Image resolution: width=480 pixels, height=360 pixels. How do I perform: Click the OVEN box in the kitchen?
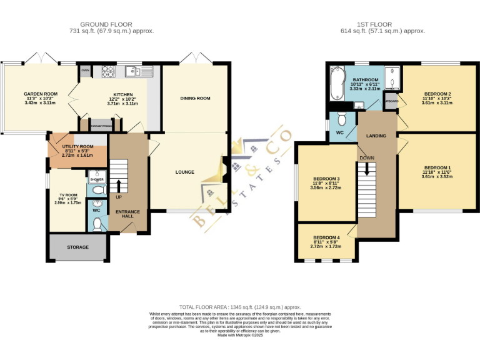[85, 71]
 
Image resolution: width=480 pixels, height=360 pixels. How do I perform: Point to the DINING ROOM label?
[195, 98]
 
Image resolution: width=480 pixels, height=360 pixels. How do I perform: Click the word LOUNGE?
[184, 172]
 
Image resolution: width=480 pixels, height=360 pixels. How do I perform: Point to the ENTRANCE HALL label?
[127, 214]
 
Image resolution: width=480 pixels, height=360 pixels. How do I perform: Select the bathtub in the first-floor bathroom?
[334, 85]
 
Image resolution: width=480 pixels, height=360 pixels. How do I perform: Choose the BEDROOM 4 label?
[326, 237]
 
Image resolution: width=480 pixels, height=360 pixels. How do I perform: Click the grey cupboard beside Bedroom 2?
[391, 101]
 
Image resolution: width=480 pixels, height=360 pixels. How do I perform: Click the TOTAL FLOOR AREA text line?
[239, 307]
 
